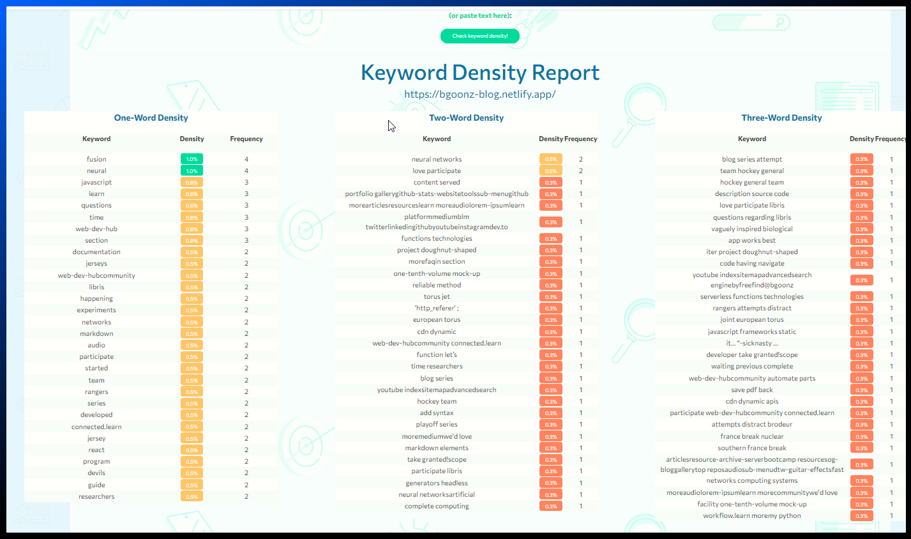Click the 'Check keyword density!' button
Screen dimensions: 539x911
tap(480, 36)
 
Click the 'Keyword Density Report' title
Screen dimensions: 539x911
tap(480, 73)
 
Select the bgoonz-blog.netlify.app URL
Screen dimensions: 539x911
tap(480, 95)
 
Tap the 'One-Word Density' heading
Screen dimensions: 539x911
tap(151, 118)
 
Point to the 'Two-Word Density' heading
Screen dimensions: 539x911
tap(467, 118)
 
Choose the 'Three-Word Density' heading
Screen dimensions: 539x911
tap(782, 118)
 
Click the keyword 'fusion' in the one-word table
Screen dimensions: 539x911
tap(96, 159)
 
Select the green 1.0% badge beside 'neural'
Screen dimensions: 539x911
tap(192, 171)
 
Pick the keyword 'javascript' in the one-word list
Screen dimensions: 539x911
tap(96, 182)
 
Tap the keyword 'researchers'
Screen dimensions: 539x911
tap(96, 496)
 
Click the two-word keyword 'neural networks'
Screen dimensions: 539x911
tap(437, 159)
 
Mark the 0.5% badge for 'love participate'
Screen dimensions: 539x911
tap(551, 171)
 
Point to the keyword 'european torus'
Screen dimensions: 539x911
tap(437, 319)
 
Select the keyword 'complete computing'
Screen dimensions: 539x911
tap(437, 506)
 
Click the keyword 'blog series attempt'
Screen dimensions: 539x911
tap(752, 159)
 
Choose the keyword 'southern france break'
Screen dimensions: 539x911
tap(752, 448)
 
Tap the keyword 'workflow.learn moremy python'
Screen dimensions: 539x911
tap(752, 515)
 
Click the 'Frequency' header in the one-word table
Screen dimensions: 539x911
tap(246, 139)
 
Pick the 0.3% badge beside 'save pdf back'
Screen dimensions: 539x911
tap(862, 390)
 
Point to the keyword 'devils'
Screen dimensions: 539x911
tap(96, 473)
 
